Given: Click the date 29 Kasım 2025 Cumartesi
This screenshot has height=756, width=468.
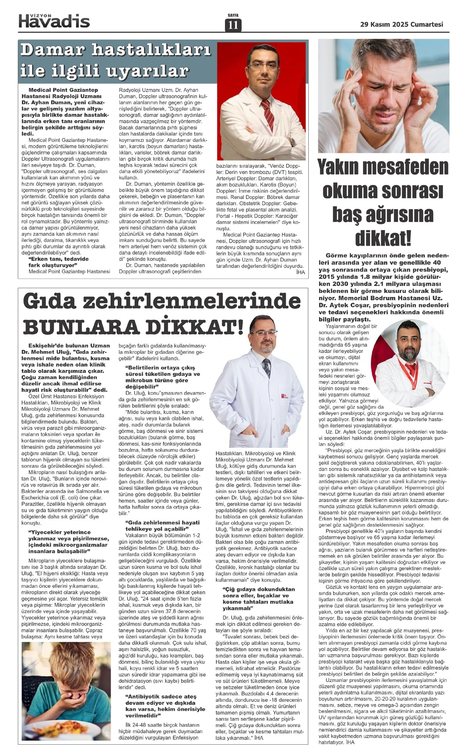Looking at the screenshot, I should (x=401, y=24).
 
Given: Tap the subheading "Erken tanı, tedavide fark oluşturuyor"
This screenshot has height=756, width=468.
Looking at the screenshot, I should (x=58, y=262).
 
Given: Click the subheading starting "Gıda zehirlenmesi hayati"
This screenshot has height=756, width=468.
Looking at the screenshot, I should (x=162, y=525).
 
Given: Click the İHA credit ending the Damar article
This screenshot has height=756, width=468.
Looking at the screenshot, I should (x=300, y=272).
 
